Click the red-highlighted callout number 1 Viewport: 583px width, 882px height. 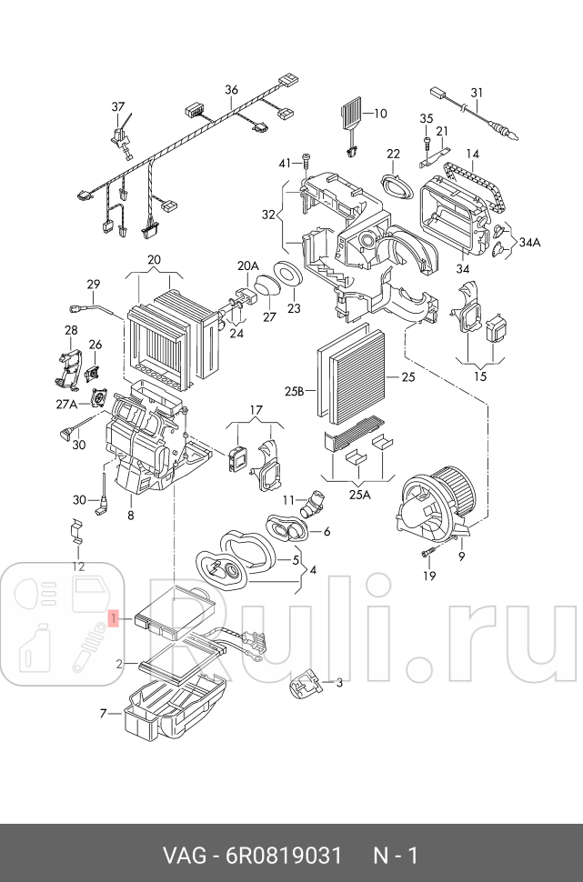point(114,618)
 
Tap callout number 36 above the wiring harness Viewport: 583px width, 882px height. point(231,89)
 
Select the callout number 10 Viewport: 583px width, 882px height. point(380,114)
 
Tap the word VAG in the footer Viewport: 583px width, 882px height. point(183,856)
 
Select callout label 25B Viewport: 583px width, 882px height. point(293,392)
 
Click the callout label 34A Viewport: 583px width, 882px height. point(529,243)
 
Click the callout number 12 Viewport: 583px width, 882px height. point(78,566)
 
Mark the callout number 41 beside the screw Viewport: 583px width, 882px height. point(284,163)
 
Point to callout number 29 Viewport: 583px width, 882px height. point(93,284)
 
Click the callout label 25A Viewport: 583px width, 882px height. point(359,495)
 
